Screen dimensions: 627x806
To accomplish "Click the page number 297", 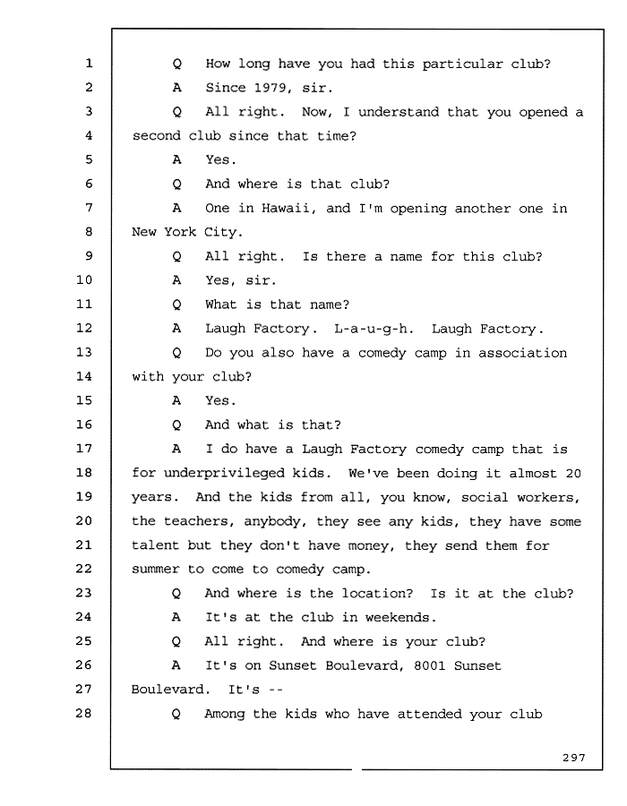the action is (x=574, y=758).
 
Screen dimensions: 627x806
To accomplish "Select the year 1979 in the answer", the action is (x=271, y=88).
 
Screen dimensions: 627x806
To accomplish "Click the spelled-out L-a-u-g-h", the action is (x=374, y=329).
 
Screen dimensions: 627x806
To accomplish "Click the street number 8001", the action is (x=430, y=665).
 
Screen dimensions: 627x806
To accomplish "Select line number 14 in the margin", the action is (x=84, y=376).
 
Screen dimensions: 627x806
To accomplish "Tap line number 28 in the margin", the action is (x=84, y=713).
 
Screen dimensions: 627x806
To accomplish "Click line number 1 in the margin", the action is (x=89, y=64).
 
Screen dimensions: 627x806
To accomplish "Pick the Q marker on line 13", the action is (x=176, y=353).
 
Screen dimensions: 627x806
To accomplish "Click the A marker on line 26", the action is (x=176, y=665).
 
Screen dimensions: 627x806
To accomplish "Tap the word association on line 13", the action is (x=523, y=353).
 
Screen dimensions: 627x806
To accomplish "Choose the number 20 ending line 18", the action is (x=573, y=474).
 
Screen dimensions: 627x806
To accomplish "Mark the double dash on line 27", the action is (x=276, y=690).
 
